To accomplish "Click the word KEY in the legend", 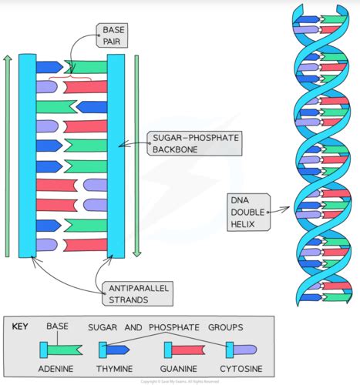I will tap(20, 326).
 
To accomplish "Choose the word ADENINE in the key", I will tap(59, 368).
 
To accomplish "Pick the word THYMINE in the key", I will tap(116, 368).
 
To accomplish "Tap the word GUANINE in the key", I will tap(178, 368).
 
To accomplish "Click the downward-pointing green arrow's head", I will tap(136, 253).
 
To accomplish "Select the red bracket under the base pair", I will tap(69, 77).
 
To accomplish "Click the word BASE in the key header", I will tap(59, 326).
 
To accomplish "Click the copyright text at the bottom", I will tap(180, 381).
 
